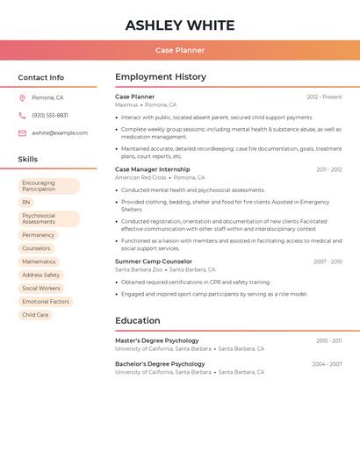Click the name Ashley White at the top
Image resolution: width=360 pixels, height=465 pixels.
[x=180, y=25]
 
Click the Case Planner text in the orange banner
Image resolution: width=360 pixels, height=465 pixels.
[x=180, y=50]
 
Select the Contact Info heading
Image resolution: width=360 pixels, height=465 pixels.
[x=40, y=77]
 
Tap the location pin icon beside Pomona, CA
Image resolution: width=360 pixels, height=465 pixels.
[x=22, y=97]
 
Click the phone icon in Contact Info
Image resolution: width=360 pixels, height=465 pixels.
[x=22, y=115]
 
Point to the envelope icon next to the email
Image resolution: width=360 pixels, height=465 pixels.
[x=22, y=133]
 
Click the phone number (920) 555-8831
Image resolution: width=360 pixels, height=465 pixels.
[x=50, y=115]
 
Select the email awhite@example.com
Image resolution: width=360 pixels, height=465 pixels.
[x=60, y=133]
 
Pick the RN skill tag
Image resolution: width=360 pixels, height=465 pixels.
[x=26, y=202]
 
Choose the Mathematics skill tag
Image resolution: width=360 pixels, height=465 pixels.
[x=39, y=261]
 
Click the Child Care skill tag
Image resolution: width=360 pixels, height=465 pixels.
[x=35, y=315]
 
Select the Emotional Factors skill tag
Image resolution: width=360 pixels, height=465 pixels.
[x=46, y=302]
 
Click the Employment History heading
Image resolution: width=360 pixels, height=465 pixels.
[x=161, y=77]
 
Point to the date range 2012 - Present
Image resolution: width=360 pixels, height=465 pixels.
[x=324, y=97]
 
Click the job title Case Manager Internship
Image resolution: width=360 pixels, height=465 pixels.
[x=152, y=169]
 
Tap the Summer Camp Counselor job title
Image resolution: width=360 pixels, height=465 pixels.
[x=154, y=261]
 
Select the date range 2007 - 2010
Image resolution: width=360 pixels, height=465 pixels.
[x=328, y=261]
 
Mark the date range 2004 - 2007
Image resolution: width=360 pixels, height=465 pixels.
[x=327, y=364]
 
